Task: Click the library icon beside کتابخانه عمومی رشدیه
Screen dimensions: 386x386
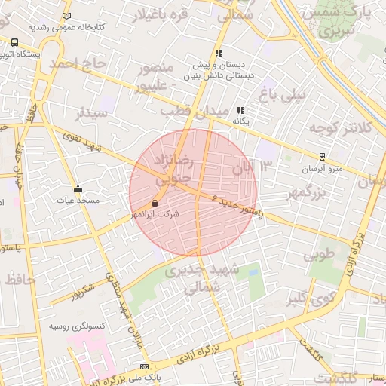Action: point(67,15)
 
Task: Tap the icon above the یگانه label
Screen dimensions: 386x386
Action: point(241,110)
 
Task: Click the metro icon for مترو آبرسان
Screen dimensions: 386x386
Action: point(323,158)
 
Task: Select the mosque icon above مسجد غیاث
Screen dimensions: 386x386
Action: point(78,189)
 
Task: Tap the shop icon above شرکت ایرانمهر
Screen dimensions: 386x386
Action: point(155,203)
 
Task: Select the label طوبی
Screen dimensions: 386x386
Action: point(318,254)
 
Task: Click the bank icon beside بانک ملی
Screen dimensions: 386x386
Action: point(144,366)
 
